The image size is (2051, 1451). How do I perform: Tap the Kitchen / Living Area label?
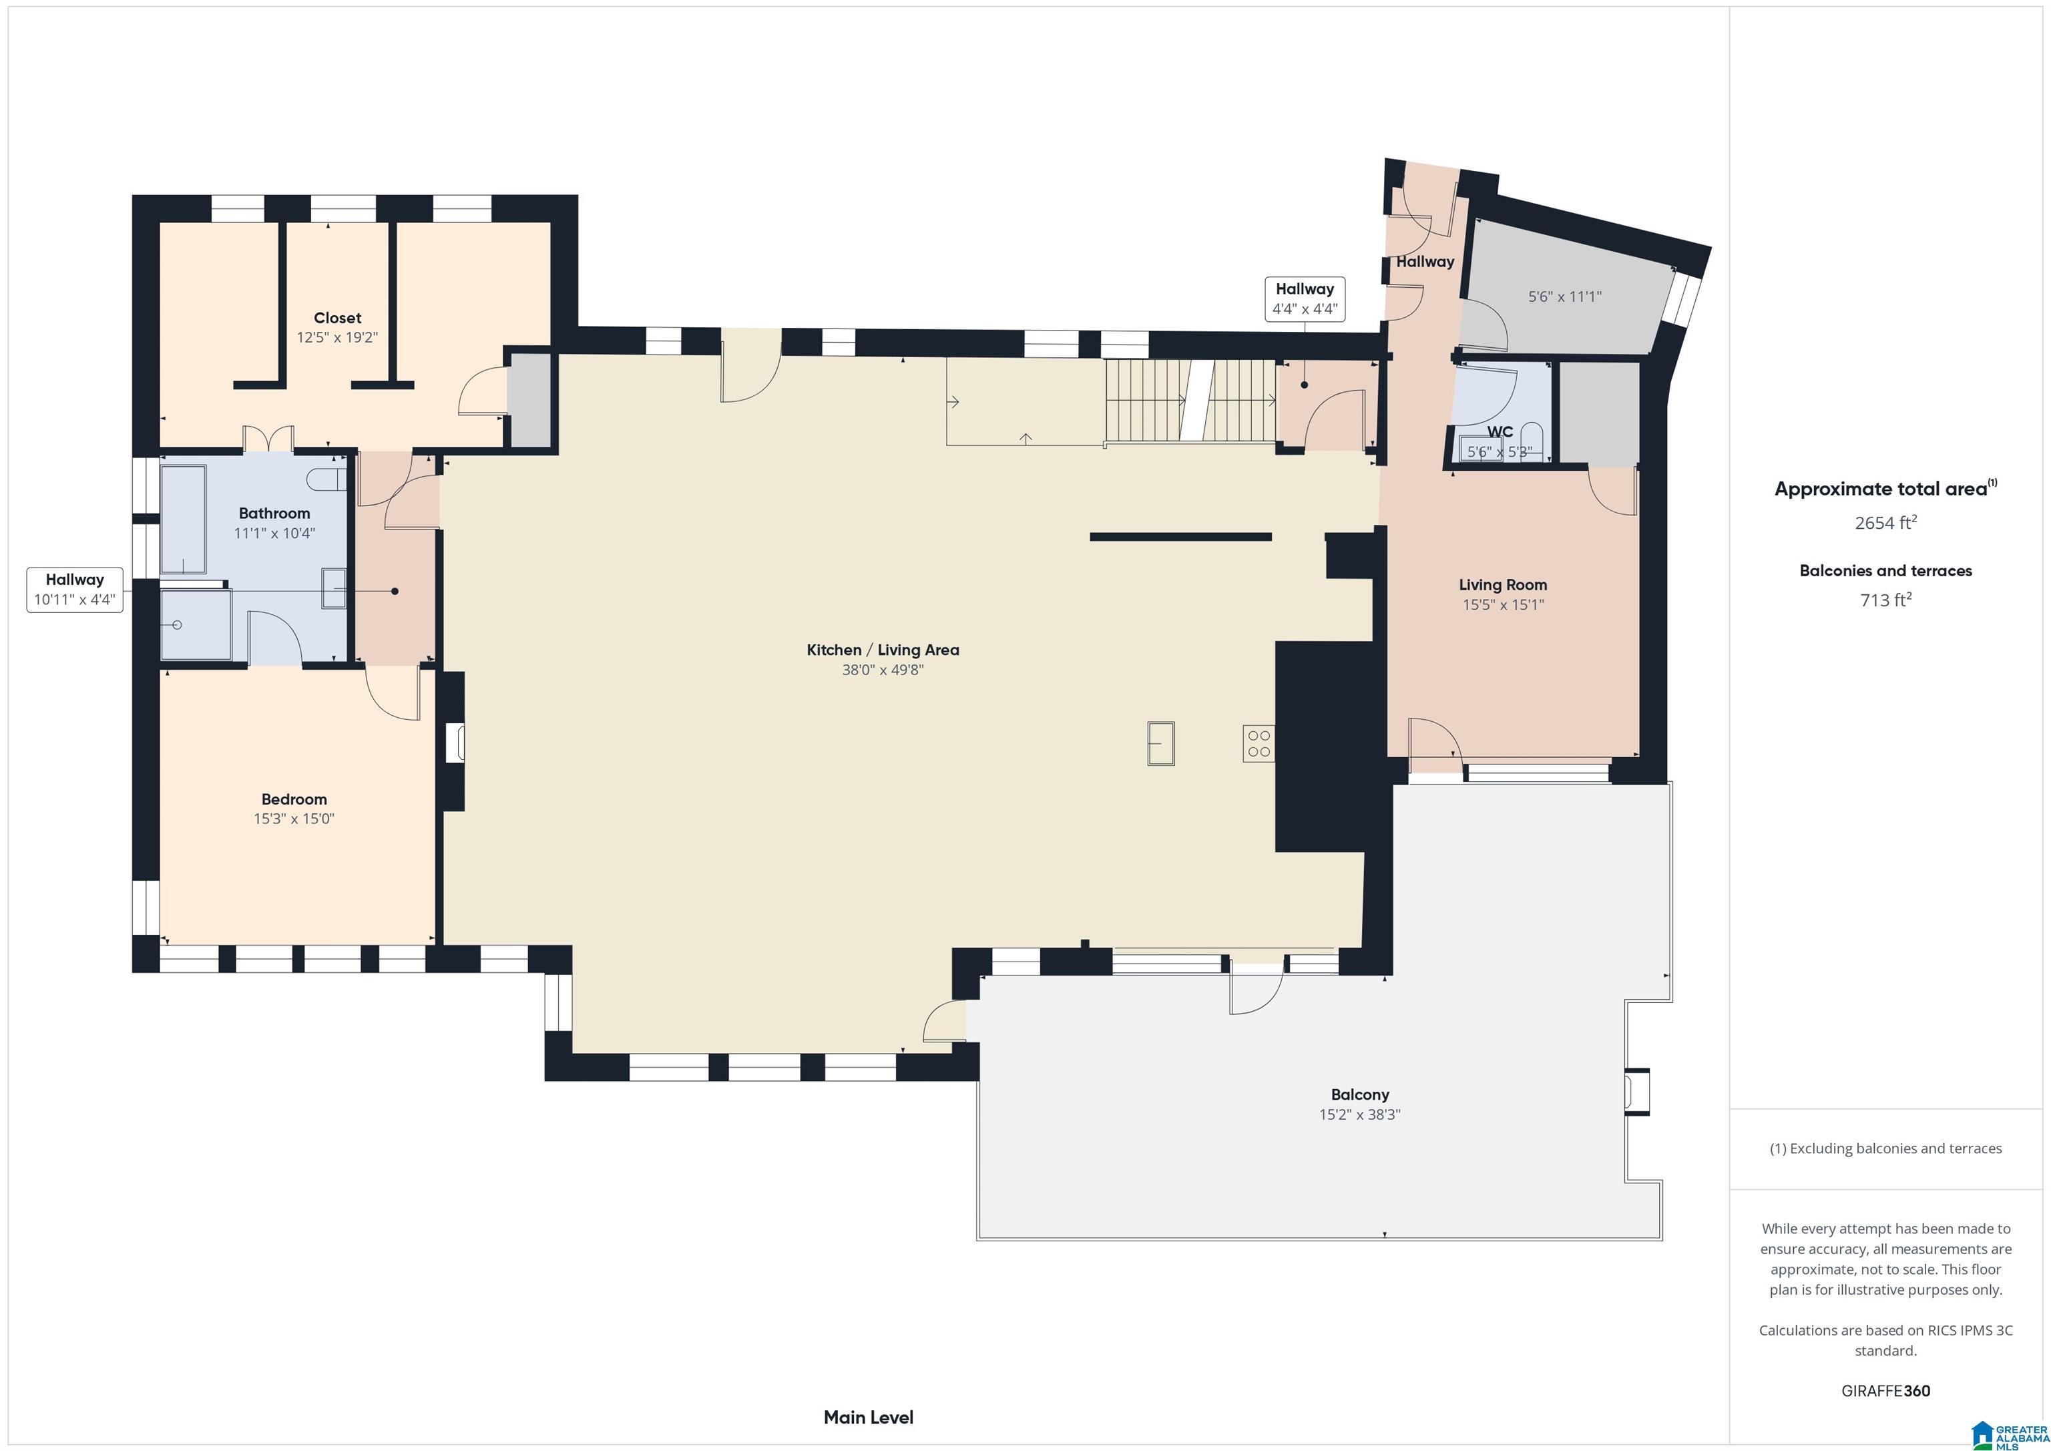(x=883, y=650)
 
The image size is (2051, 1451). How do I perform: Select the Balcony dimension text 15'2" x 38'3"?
(x=1359, y=1115)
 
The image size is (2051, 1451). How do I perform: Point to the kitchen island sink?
(x=1161, y=743)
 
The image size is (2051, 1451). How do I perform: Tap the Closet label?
(x=338, y=318)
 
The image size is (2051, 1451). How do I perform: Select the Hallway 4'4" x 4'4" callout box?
(x=1305, y=299)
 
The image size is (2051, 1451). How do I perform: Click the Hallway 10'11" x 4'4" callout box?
(x=75, y=590)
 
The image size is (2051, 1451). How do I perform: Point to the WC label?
(x=1500, y=431)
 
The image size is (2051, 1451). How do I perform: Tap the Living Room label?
(x=1504, y=585)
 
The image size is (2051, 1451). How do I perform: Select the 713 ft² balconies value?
(x=1885, y=600)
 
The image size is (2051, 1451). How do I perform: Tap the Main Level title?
(x=869, y=1417)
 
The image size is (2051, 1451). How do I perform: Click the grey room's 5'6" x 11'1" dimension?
(x=1565, y=296)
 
